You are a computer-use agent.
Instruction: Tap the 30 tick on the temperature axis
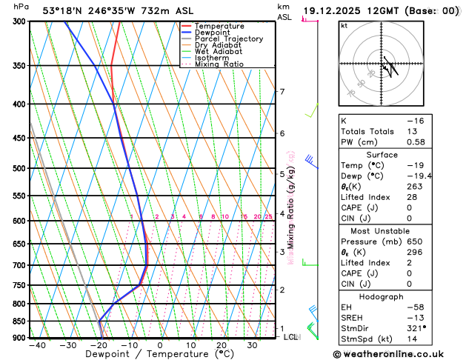tap(252, 345)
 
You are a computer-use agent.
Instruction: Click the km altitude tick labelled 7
tap(282, 92)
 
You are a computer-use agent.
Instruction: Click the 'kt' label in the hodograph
tap(344, 25)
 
